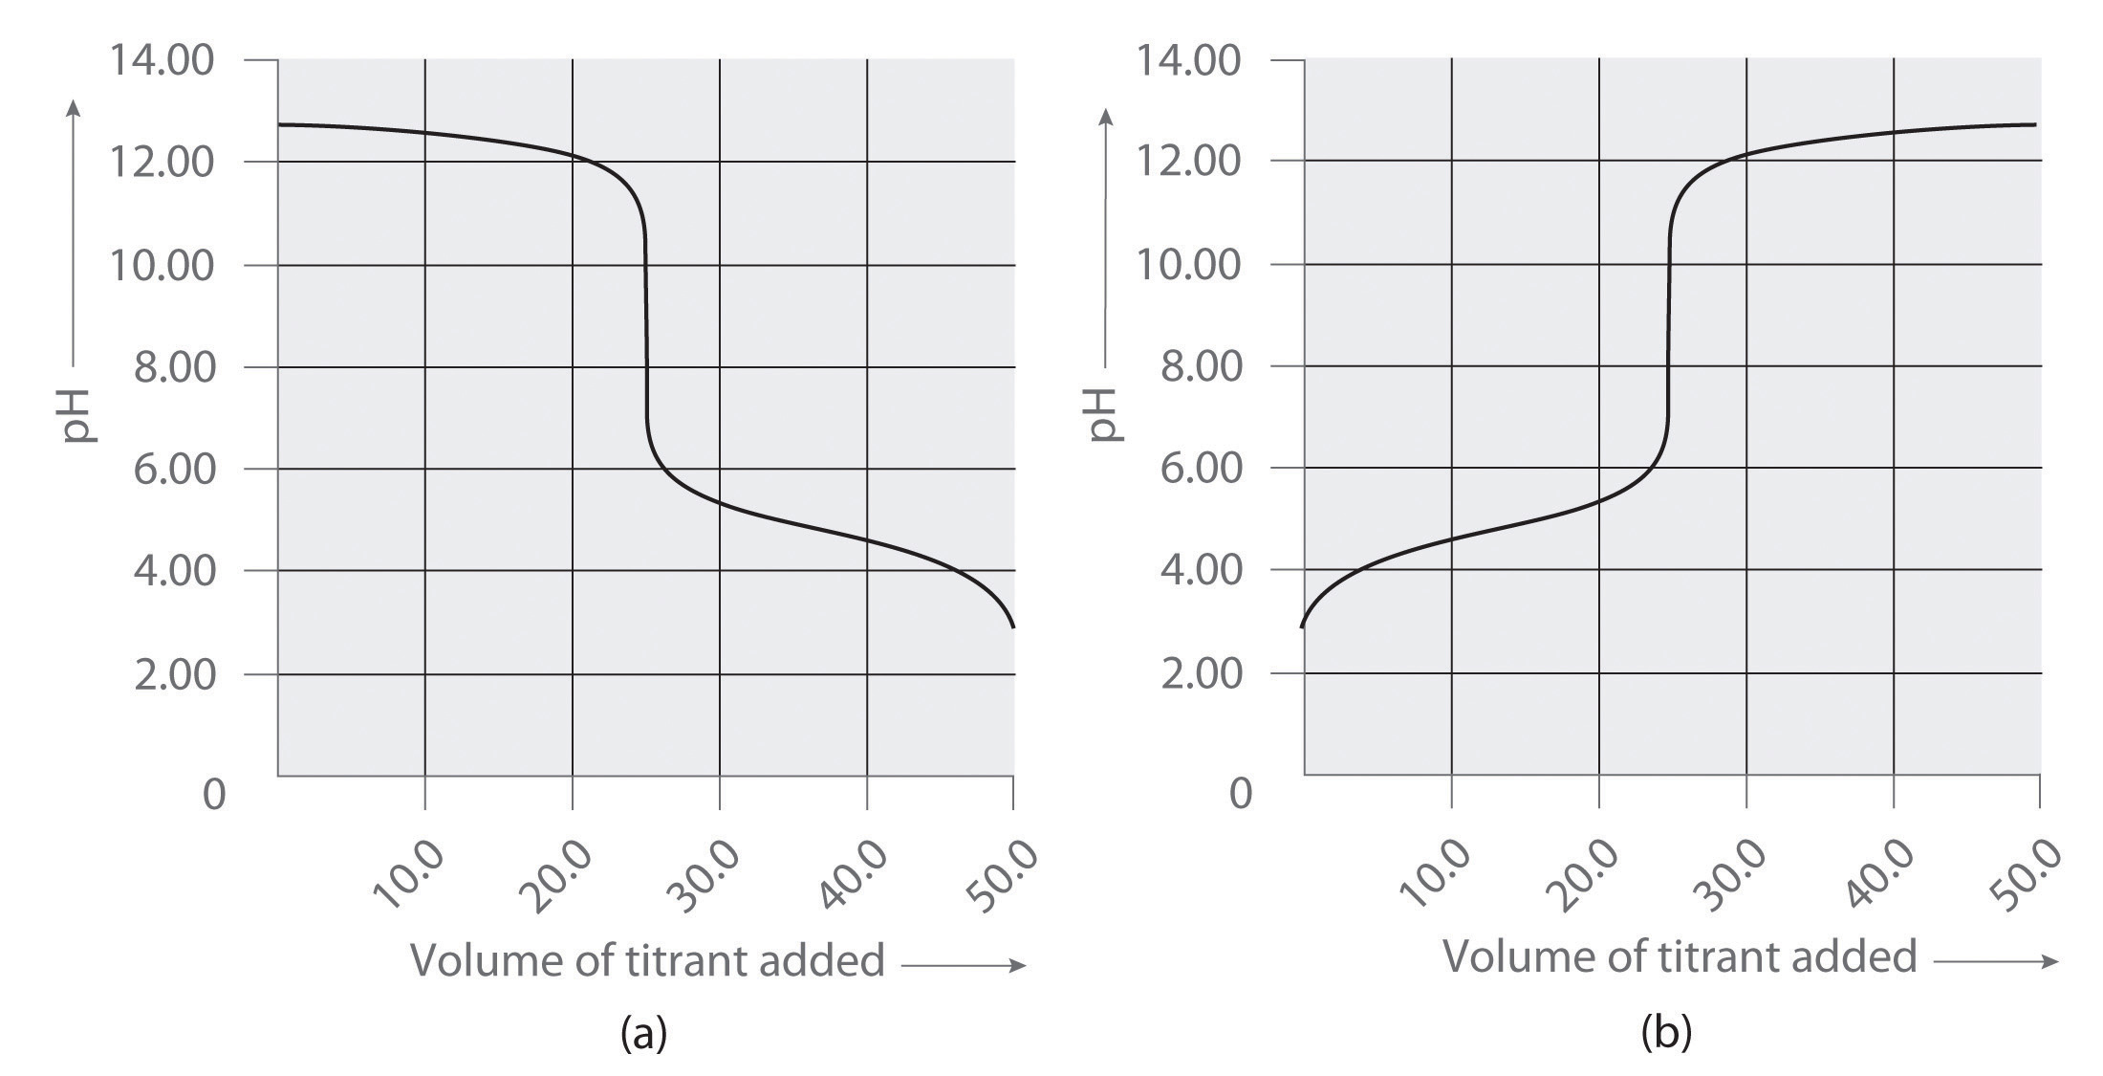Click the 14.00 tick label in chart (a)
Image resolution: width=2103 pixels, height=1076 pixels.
[162, 60]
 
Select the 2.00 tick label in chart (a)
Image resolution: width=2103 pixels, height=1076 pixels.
[174, 674]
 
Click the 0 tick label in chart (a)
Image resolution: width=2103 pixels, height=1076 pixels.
[214, 794]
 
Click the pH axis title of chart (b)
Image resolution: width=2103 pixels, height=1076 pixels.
[1104, 414]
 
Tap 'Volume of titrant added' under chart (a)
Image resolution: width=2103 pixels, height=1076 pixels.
[647, 959]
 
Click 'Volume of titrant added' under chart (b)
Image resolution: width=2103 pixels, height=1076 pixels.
[1679, 955]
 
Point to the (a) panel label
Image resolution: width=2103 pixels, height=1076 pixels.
[643, 1033]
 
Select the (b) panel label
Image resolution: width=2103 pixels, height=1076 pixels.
[1666, 1032]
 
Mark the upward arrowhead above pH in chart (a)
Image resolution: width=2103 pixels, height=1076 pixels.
[75, 107]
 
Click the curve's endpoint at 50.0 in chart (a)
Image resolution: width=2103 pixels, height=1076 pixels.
[1013, 627]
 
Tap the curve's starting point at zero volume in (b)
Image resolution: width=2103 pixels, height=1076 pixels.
[1302, 626]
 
